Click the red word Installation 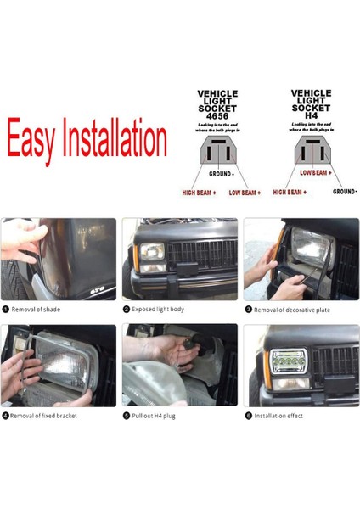[115, 139]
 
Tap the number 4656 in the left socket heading [217, 115]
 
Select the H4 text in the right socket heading [311, 115]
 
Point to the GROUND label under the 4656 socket [221, 173]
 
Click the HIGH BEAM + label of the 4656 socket [198, 193]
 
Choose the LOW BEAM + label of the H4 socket [315, 172]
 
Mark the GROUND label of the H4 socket [345, 192]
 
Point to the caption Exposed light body [158, 310]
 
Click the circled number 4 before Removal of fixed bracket [5, 416]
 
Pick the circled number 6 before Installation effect [248, 416]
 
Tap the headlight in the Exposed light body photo [151, 252]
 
